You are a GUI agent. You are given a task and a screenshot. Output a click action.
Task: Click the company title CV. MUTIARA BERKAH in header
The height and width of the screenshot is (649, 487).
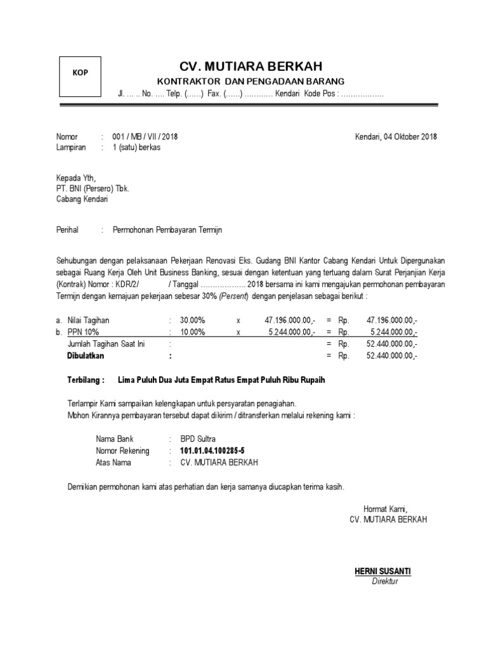pos(251,67)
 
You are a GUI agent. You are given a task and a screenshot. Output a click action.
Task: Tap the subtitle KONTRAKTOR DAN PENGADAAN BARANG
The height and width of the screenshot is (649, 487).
pos(251,82)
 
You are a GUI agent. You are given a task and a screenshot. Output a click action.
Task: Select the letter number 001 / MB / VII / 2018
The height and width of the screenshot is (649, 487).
pos(145,137)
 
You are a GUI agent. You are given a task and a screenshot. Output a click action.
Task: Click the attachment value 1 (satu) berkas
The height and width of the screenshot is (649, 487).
pos(136,147)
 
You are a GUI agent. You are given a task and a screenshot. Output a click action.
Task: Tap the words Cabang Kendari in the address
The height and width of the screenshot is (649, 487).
pos(82,199)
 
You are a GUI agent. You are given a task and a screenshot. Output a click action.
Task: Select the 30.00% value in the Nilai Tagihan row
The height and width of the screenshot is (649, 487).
pos(192,321)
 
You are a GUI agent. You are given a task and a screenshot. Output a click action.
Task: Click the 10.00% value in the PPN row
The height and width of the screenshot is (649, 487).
pos(192,332)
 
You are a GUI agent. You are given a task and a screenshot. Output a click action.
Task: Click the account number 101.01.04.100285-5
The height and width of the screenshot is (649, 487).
pos(212,451)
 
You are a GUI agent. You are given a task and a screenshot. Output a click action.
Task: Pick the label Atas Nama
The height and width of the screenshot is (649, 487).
pos(114,463)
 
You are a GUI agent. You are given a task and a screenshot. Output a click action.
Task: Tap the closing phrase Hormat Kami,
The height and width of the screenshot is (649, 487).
pos(385,509)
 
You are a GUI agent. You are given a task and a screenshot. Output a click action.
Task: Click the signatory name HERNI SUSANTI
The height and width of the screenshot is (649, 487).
pos(382,571)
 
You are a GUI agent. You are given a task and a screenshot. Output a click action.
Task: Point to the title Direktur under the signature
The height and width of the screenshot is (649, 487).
pos(384,581)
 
